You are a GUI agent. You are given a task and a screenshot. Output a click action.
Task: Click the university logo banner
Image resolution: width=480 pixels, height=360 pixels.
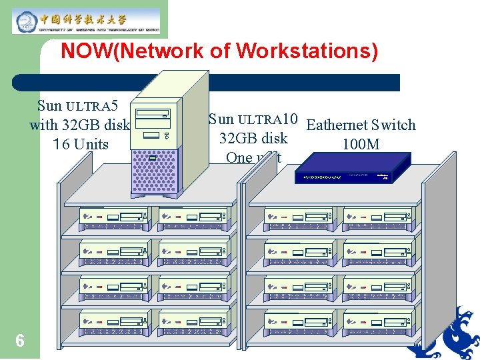point(87,20)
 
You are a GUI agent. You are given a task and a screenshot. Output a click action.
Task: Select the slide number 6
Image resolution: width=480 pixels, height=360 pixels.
point(20,341)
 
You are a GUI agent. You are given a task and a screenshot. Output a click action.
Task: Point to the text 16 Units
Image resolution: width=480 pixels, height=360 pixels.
point(80,144)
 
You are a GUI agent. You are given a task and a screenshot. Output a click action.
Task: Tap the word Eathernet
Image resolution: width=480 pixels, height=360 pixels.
point(337,125)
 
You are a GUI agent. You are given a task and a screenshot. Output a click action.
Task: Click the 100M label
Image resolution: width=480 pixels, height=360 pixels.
point(361,144)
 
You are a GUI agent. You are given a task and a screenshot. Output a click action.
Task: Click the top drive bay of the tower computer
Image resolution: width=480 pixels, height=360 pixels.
point(157,114)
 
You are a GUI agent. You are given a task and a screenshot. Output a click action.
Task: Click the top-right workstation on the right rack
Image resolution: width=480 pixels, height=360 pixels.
point(376,217)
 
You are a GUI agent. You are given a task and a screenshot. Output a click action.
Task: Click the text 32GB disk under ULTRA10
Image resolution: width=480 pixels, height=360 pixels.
point(253,139)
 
